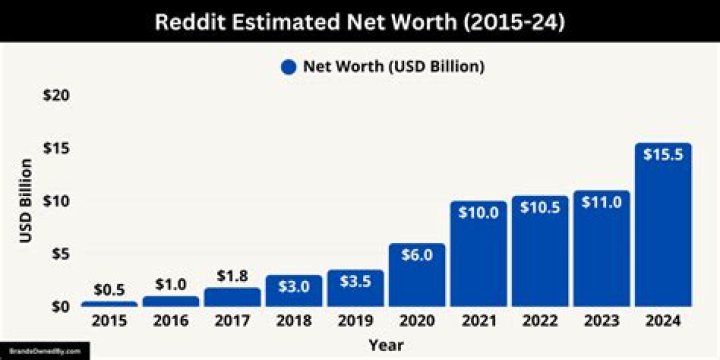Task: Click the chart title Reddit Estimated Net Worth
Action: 359,22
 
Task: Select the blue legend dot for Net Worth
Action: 289,67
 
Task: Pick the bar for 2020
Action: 417,275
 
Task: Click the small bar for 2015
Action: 109,303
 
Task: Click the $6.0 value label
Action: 417,255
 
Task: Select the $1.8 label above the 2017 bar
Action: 232,275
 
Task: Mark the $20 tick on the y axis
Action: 56,95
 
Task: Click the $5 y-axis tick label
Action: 60,253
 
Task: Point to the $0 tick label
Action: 60,306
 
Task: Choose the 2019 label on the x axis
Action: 355,322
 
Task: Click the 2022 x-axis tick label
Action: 540,322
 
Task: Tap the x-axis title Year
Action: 385,344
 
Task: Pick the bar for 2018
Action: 294,291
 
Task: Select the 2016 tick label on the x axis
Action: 171,322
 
